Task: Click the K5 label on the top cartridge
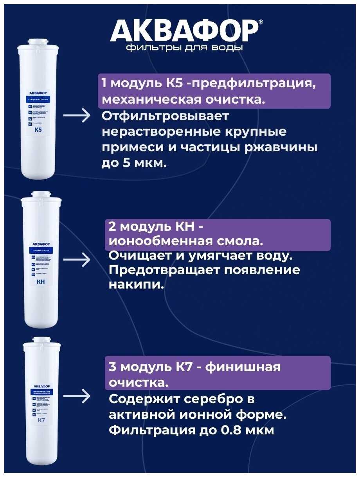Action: (x=38, y=130)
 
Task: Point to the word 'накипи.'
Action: (x=135, y=285)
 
